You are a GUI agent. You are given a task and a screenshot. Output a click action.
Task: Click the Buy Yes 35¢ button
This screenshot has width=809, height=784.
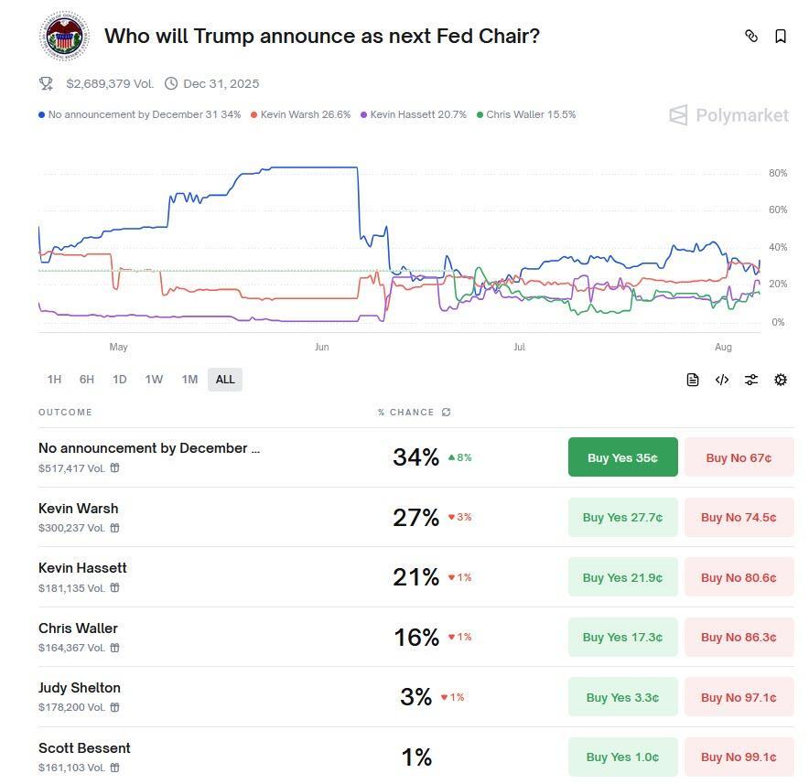(622, 457)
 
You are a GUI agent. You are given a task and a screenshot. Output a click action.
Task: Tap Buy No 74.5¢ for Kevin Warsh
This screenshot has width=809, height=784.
(739, 518)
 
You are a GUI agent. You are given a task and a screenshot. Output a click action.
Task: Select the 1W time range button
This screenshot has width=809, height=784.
(154, 380)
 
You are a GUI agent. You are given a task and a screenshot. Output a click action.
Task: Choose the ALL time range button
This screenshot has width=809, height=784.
(225, 380)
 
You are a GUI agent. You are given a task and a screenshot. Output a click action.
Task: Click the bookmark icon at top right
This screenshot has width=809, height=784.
(781, 37)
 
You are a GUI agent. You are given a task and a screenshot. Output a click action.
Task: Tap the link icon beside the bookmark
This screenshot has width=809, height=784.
(751, 37)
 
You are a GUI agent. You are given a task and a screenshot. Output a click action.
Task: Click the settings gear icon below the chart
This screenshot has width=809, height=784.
(781, 380)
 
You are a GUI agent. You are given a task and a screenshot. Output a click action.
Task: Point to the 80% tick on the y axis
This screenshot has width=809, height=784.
(778, 174)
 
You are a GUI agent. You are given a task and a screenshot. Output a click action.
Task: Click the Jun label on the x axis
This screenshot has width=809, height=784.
(321, 348)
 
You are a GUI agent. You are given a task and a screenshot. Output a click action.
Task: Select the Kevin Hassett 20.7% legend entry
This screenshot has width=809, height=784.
(414, 115)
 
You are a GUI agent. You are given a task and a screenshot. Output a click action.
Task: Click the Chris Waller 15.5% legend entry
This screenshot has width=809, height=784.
(526, 115)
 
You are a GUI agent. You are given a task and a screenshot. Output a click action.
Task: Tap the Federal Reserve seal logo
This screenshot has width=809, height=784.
(64, 37)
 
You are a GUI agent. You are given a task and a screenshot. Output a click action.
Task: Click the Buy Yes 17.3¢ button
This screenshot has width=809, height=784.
(622, 638)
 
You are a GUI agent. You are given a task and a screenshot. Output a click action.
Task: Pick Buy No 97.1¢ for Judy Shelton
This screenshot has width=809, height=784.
(739, 697)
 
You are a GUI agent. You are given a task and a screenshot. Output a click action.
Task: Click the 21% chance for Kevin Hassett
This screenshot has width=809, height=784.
(416, 577)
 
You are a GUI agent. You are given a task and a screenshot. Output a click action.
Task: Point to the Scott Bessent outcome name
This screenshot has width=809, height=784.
(84, 748)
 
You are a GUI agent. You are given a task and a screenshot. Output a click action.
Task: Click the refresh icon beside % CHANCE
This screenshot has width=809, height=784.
(447, 413)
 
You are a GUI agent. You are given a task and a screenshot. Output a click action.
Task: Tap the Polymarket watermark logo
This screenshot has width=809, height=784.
(728, 115)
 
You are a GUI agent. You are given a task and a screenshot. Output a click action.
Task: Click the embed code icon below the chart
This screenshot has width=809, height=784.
(722, 380)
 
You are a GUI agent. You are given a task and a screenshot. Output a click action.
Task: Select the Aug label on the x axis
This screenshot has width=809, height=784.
(723, 348)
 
